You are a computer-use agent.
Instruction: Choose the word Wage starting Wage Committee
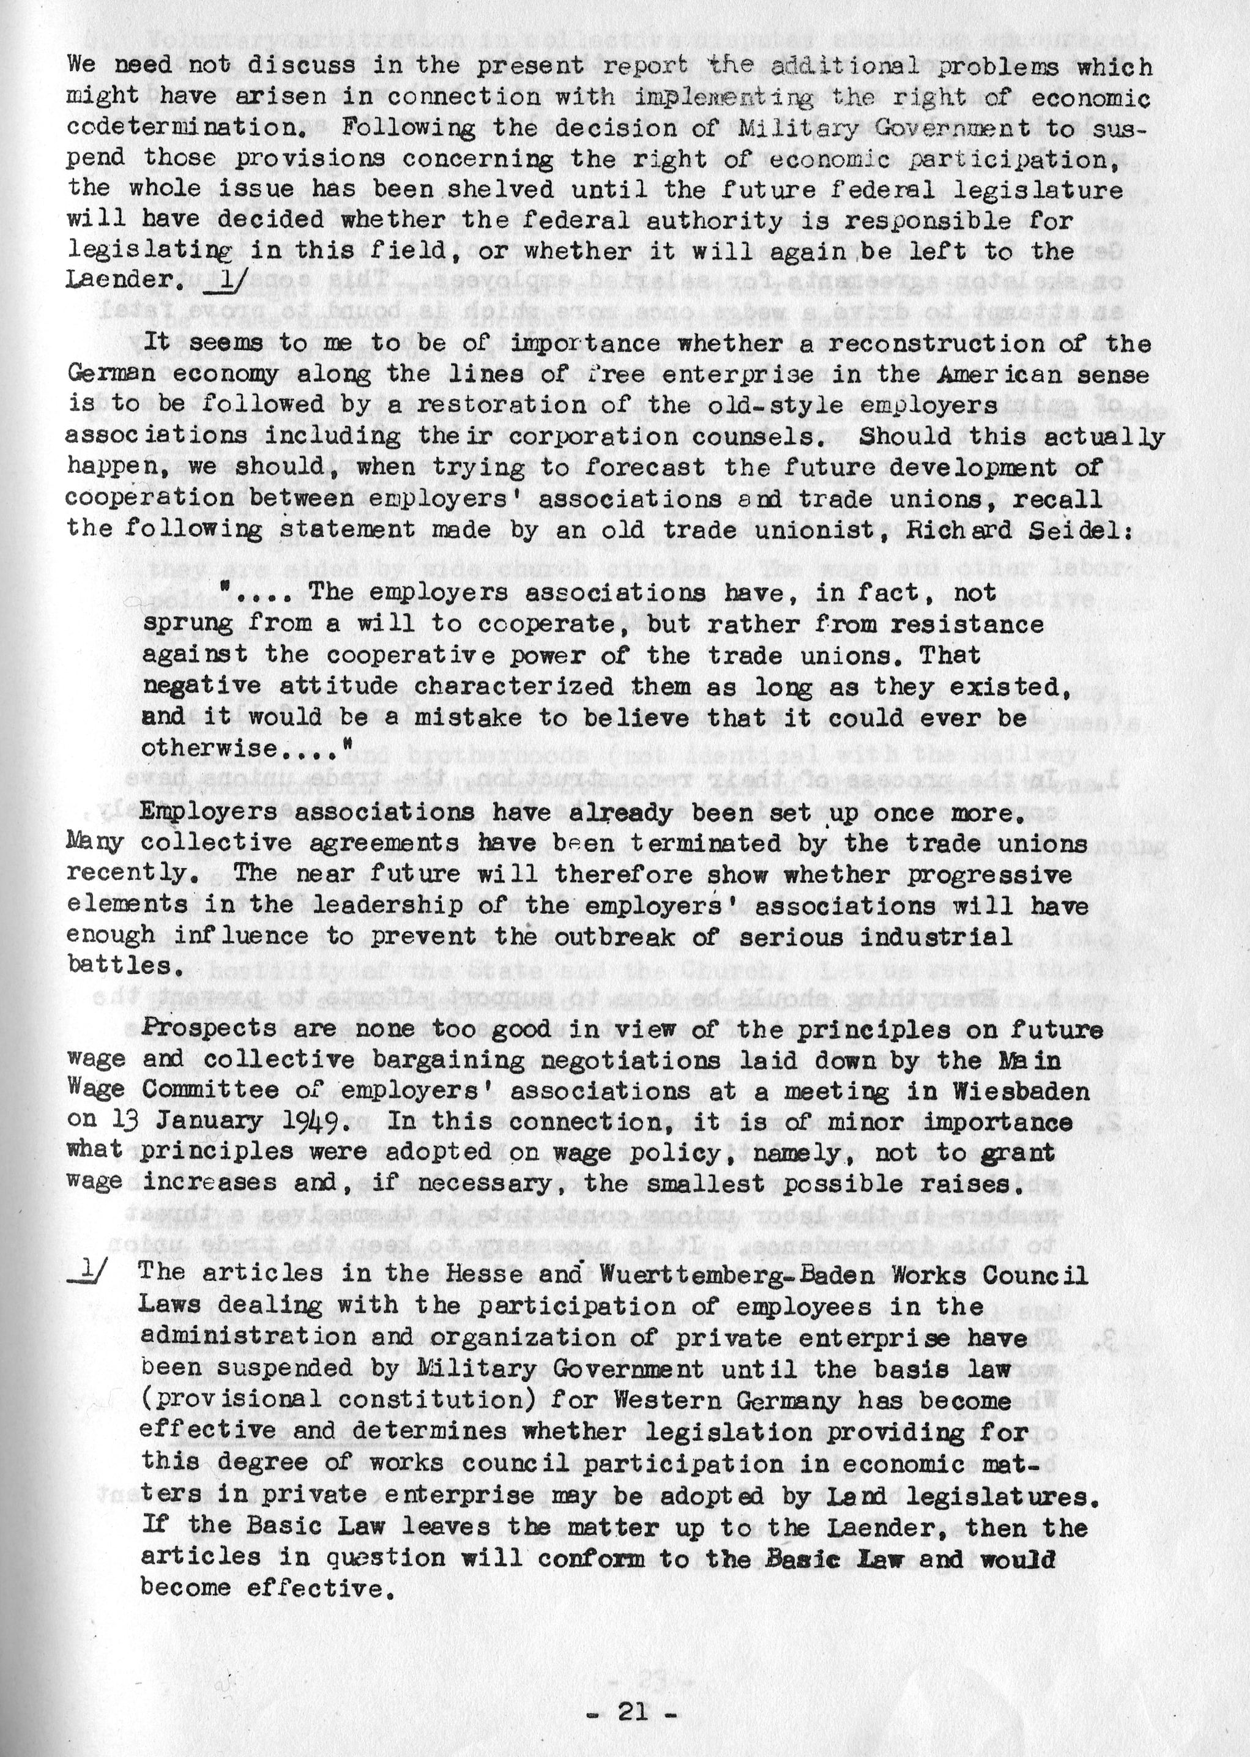click(x=96, y=1091)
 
